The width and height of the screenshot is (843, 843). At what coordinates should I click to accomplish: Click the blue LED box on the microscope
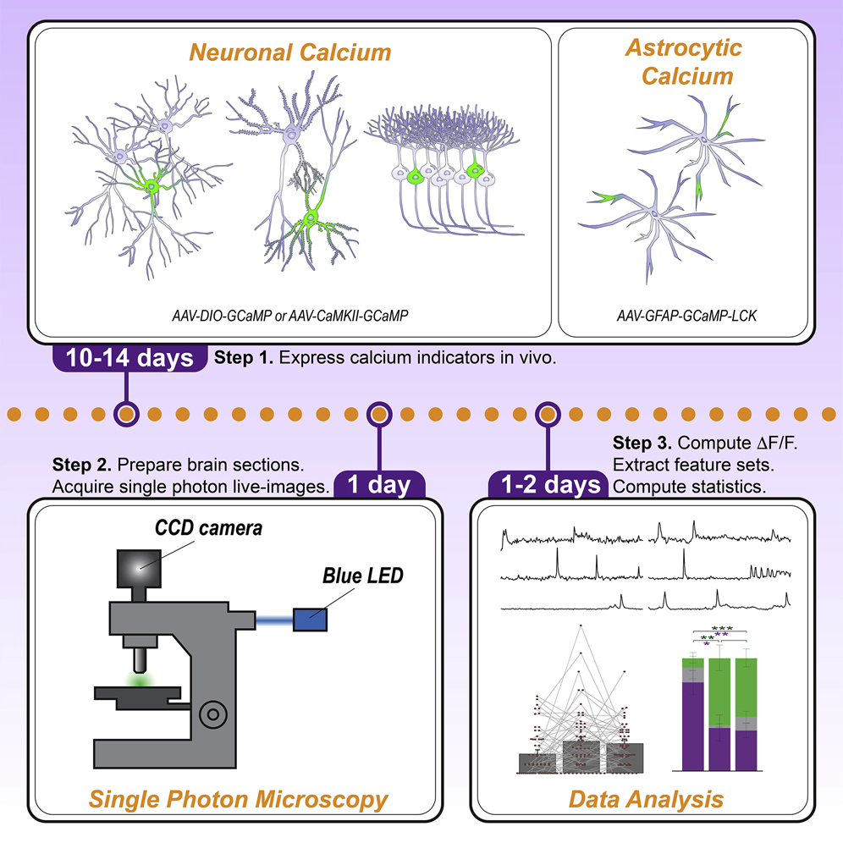[x=310, y=619]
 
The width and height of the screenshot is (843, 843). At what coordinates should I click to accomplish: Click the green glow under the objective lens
[x=137, y=679]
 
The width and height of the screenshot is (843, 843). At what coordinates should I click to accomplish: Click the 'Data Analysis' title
[x=646, y=798]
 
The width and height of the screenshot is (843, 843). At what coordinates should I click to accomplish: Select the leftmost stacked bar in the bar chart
[x=693, y=713]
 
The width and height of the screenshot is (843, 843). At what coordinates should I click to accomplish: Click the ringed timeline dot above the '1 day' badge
[x=379, y=415]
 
